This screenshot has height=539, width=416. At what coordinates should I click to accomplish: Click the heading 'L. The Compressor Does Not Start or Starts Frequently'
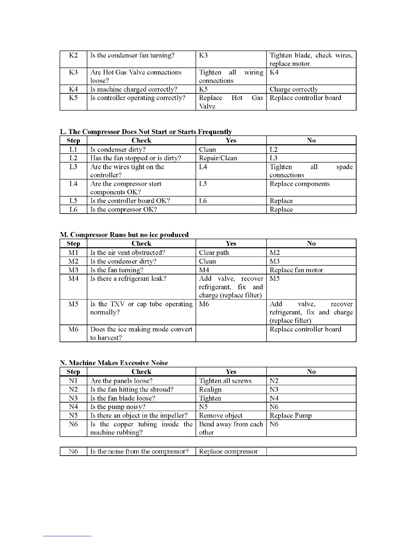tap(146, 132)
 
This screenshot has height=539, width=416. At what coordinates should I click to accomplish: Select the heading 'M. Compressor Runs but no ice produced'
tap(124, 235)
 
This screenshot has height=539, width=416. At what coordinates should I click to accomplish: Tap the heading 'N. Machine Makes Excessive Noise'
tap(114, 363)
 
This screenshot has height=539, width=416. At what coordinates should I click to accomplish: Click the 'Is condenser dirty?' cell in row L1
tap(118, 149)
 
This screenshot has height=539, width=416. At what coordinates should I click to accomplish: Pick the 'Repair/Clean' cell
tap(218, 158)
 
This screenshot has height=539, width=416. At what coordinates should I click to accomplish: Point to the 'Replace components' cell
tap(299, 184)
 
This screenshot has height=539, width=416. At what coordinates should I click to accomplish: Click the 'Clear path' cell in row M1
tap(214, 252)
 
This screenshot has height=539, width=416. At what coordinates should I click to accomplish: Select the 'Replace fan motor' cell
tap(296, 270)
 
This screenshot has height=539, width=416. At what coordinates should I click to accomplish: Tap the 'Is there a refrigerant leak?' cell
tap(128, 278)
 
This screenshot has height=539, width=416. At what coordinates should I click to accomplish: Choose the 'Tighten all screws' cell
tap(225, 381)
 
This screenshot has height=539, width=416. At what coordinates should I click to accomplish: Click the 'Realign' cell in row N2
tap(210, 389)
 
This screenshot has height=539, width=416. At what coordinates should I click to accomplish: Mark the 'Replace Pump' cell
tap(291, 415)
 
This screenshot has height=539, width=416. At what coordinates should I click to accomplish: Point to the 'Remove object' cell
tap(221, 415)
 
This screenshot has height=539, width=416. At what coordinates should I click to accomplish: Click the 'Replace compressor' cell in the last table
tap(228, 452)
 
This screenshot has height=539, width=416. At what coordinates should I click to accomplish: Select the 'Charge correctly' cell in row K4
tap(294, 89)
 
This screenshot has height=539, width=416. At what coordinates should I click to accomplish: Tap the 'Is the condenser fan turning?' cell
tap(132, 55)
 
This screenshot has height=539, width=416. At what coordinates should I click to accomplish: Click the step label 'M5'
tap(73, 304)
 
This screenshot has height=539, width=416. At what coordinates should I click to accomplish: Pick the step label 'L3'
tap(73, 167)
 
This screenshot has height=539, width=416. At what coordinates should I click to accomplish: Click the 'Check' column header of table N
tap(141, 372)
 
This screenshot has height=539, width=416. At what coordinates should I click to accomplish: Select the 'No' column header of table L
tap(311, 140)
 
